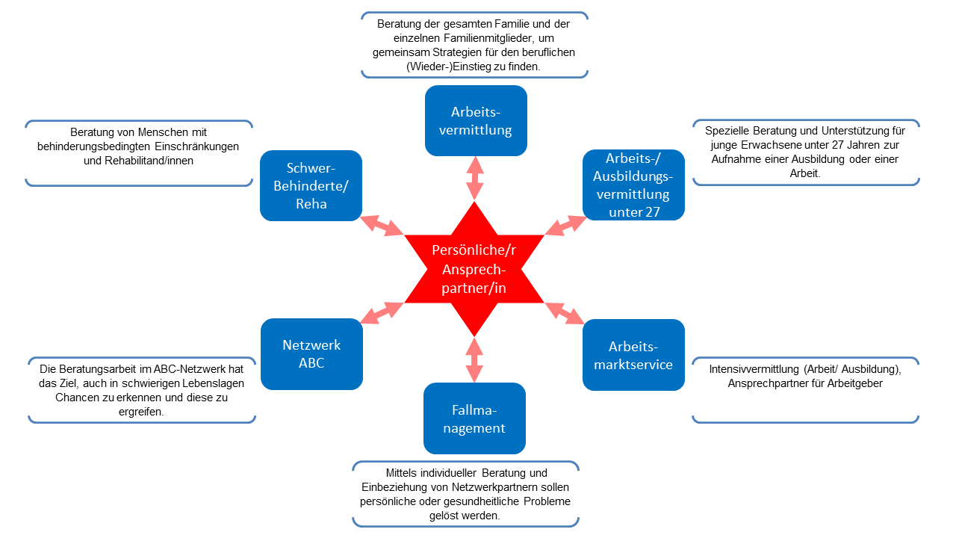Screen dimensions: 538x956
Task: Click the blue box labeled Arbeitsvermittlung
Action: point(476,120)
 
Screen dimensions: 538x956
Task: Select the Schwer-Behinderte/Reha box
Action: point(311,185)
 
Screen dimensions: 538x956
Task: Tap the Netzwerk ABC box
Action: point(311,354)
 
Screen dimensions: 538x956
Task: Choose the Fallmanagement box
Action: point(474,418)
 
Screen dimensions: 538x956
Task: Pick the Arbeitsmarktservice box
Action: point(633,355)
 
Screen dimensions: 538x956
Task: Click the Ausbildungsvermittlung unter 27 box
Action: point(633,185)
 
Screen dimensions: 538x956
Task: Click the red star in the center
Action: point(474,269)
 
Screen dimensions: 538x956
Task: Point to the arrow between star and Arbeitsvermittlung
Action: point(474,178)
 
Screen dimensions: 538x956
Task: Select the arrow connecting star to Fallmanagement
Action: point(474,360)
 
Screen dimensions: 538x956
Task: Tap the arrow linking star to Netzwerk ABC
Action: point(382,312)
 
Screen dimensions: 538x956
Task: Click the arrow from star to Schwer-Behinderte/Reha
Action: point(382,225)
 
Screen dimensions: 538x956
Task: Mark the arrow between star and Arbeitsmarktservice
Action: point(565,313)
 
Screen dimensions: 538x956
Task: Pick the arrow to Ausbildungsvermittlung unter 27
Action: point(565,225)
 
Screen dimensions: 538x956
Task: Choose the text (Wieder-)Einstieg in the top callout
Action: point(444,66)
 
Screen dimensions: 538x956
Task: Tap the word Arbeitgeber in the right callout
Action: point(857,383)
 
